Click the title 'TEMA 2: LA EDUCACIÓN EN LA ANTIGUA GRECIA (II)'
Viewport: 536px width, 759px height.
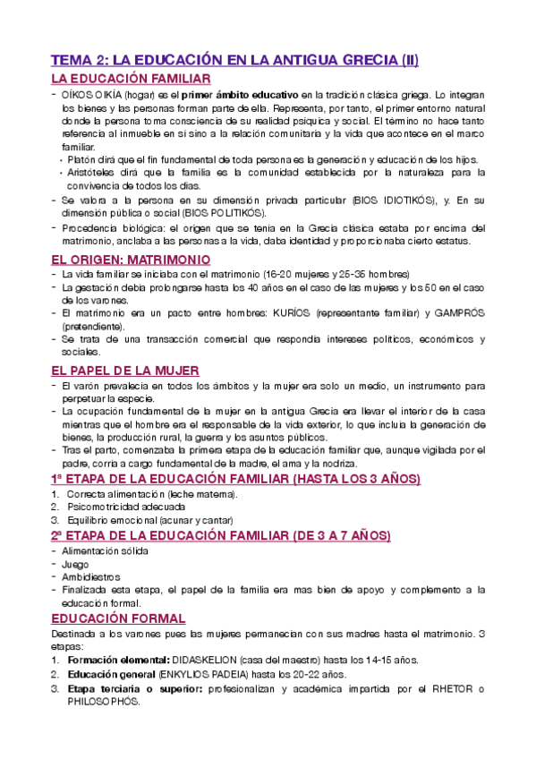pos(234,61)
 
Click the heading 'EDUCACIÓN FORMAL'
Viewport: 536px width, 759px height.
pos(117,618)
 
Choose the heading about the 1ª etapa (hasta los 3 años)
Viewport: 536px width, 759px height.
pos(234,480)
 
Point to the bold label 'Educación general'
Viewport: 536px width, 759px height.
pos(110,675)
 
